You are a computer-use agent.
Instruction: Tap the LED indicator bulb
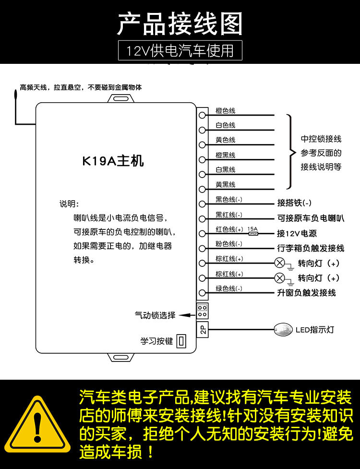(283, 329)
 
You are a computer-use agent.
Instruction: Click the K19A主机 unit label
(113, 161)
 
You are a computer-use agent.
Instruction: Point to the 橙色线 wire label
(225, 111)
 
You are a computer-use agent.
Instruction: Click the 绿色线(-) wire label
(229, 289)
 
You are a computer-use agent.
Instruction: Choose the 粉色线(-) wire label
(229, 244)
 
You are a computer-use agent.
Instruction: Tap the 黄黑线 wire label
(225, 185)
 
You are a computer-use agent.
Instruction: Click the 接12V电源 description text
(297, 233)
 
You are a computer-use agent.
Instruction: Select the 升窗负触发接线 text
(306, 292)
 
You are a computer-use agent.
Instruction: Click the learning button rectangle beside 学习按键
(181, 341)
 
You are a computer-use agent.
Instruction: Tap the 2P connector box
(203, 329)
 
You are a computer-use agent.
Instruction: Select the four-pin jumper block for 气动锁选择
(203, 311)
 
